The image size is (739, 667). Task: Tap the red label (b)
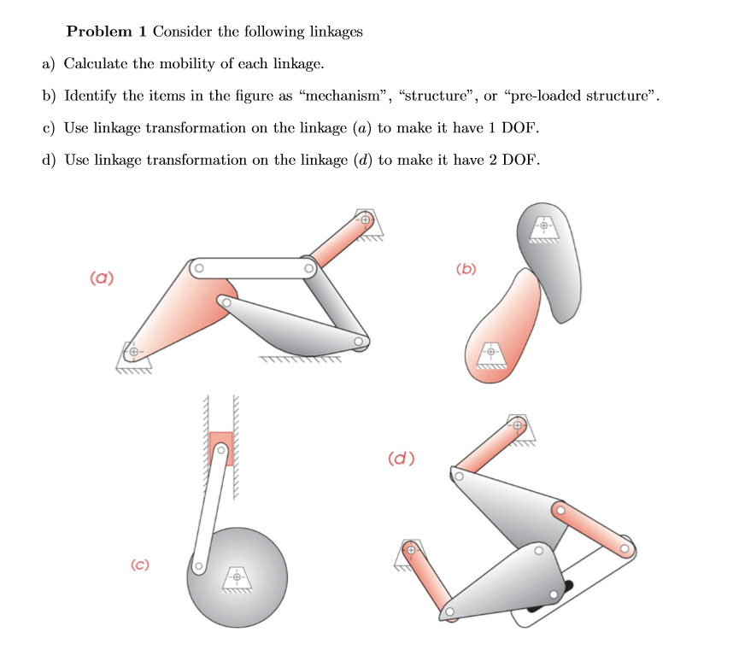pos(466,271)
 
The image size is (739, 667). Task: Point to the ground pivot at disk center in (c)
pos(238,576)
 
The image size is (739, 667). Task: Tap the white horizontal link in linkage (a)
pos(253,268)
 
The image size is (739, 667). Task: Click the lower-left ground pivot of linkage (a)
pos(132,351)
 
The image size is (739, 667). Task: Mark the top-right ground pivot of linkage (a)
pos(366,219)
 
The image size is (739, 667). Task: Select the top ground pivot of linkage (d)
pos(517,424)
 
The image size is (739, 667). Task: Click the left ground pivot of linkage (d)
pos(410,551)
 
